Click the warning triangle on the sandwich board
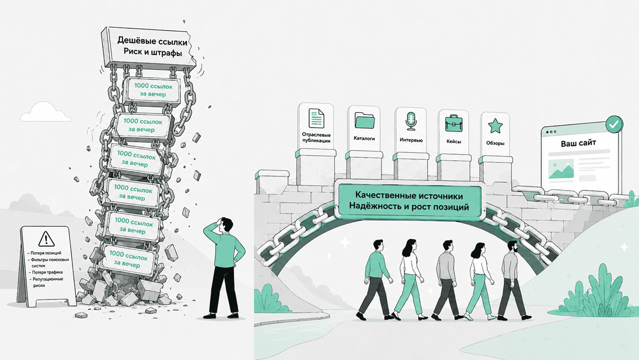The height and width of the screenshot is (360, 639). pos(46,239)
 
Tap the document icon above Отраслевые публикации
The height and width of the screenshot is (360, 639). pos(316,118)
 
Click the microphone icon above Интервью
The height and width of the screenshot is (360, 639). pos(411,121)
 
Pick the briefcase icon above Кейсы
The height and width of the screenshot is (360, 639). pos(453,124)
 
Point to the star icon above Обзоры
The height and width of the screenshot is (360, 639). pos(495,126)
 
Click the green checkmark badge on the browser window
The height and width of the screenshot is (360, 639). pos(614,124)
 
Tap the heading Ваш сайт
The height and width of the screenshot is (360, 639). pos(578,143)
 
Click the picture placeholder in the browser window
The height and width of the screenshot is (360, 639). pos(561,169)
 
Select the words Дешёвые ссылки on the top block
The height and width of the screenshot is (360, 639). pos(152,41)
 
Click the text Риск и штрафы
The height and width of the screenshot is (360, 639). pos(153,52)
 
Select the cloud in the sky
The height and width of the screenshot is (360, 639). pos(46,112)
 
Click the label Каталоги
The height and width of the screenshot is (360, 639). pos(364,139)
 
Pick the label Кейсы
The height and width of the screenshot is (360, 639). pos(453,142)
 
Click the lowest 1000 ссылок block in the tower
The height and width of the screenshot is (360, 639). pos(129,260)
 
